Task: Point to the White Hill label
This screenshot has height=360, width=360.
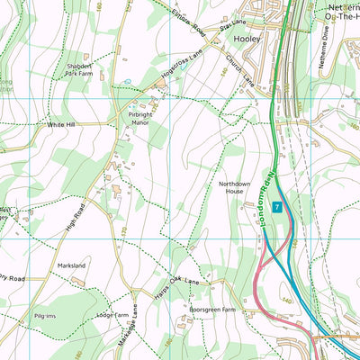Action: [61, 124]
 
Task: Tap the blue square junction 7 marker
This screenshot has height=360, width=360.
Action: [277, 207]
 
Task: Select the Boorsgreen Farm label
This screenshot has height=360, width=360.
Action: [211, 310]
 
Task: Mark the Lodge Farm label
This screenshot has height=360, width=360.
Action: [109, 316]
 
